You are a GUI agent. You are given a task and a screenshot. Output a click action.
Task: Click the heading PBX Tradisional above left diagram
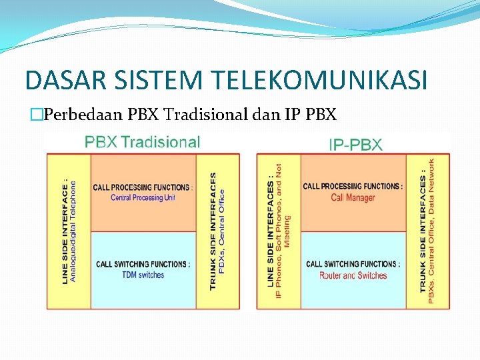pyautogui.click(x=142, y=142)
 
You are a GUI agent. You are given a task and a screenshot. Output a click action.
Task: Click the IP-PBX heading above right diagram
pyautogui.click(x=355, y=144)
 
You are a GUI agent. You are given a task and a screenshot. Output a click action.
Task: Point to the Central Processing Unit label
pyautogui.click(x=143, y=198)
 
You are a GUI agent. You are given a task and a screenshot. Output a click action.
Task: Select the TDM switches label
pyautogui.click(x=142, y=275)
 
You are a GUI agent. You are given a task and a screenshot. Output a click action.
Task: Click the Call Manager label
pyautogui.click(x=353, y=197)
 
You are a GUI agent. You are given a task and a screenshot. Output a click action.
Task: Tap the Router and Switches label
pyautogui.click(x=353, y=275)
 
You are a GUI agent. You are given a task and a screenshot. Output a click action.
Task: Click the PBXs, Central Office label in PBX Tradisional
pyautogui.click(x=222, y=231)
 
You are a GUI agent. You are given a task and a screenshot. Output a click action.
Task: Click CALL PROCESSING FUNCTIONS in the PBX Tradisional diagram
pyautogui.click(x=143, y=187)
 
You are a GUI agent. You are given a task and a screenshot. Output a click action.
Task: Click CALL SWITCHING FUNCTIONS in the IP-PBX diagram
pyautogui.click(x=353, y=264)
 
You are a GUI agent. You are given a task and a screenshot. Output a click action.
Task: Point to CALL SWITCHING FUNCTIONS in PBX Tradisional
pyautogui.click(x=143, y=264)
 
